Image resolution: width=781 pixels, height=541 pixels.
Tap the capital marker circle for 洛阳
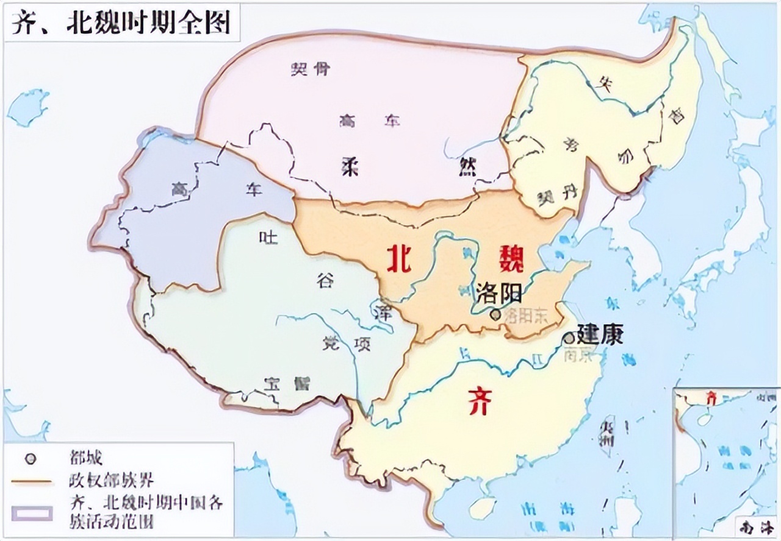(x=495, y=314)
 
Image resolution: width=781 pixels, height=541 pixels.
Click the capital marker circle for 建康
(x=569, y=338)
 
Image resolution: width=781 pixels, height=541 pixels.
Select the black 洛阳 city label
(x=500, y=294)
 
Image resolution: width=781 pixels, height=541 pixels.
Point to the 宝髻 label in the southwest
(x=287, y=384)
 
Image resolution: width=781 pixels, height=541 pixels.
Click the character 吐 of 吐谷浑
(x=267, y=236)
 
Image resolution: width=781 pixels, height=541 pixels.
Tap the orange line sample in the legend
(x=31, y=482)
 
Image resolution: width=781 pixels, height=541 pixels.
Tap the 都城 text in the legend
(x=86, y=458)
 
